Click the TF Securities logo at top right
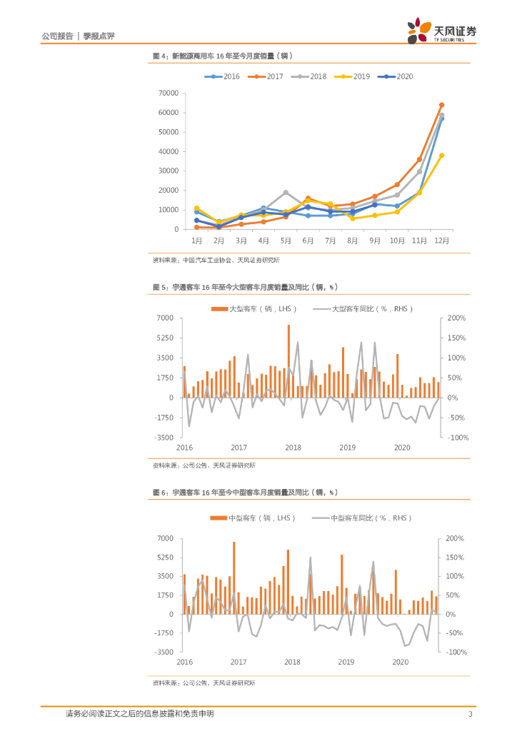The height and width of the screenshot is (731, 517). (442, 32)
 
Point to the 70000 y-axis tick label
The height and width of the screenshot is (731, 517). (169, 93)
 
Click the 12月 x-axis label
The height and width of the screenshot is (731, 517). (441, 241)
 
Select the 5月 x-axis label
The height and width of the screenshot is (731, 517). (286, 241)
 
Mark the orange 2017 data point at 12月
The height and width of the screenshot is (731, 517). (441, 105)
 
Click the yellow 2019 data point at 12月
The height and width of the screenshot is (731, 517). (441, 156)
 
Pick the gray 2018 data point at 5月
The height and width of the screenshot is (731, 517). (286, 192)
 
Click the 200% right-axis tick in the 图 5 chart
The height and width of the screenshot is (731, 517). (456, 318)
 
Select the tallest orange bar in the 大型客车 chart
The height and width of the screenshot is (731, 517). (288, 361)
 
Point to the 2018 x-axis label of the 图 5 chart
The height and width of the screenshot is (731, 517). (293, 448)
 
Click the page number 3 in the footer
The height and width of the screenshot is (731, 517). (470, 714)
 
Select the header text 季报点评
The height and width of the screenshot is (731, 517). (100, 36)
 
